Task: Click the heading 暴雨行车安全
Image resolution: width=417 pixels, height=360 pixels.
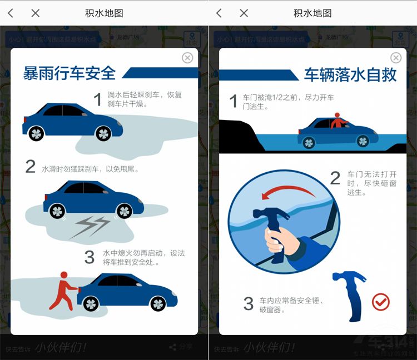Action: coord(69,73)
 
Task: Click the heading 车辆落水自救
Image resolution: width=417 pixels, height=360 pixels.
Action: coord(350,74)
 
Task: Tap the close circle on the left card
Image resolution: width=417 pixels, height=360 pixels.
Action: coord(187,58)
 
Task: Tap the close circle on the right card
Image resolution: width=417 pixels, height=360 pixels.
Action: coord(396,58)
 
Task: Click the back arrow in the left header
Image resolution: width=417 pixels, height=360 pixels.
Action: coord(11,13)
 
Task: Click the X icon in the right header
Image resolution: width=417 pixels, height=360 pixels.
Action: coord(244,13)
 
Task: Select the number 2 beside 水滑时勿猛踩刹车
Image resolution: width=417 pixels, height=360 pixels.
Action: coord(31,167)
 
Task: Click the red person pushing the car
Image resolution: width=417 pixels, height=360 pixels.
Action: coord(61,290)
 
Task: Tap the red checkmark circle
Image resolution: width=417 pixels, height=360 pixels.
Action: coord(381,302)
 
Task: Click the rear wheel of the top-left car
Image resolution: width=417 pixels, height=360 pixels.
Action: coord(37,133)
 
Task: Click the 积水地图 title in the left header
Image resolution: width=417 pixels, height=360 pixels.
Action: coord(104,13)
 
